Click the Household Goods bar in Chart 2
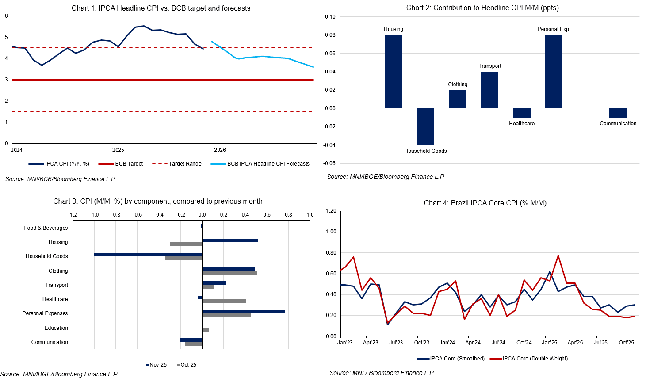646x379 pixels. (x=425, y=127)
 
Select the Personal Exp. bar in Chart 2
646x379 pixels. (x=554, y=72)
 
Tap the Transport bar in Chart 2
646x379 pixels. (x=489, y=90)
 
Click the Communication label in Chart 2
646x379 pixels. (x=618, y=124)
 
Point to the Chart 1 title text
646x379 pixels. (x=161, y=8)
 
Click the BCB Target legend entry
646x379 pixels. (x=129, y=164)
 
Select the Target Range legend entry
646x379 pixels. (x=185, y=164)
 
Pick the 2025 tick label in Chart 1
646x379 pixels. (x=118, y=150)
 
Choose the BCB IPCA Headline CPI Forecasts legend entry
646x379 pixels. (x=268, y=164)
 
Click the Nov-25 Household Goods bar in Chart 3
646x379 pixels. (x=148, y=255)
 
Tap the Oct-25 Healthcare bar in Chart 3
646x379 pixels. (x=224, y=301)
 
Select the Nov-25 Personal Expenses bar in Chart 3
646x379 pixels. (x=244, y=312)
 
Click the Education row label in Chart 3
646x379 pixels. (x=56, y=328)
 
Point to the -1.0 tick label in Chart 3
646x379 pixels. (x=94, y=215)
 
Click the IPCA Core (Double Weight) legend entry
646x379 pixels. (x=535, y=359)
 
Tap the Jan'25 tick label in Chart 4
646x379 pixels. (x=550, y=343)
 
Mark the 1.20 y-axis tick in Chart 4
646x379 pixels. (x=331, y=211)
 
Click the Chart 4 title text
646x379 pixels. (x=485, y=203)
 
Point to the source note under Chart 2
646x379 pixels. (x=385, y=177)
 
